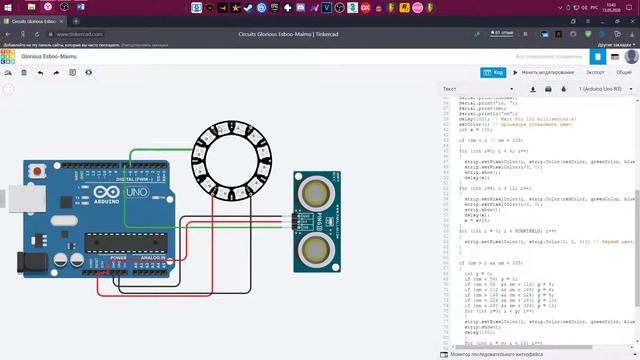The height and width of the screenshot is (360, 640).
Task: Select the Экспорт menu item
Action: (x=595, y=72)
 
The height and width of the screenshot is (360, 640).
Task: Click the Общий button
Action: (x=623, y=72)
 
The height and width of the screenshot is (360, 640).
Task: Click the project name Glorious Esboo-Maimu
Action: (x=49, y=57)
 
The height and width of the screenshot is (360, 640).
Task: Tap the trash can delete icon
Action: (x=24, y=73)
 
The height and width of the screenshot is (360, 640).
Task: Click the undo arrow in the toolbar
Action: (x=40, y=73)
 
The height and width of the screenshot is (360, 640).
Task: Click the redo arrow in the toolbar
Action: (x=56, y=73)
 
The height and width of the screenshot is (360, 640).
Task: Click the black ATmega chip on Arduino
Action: (x=130, y=240)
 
